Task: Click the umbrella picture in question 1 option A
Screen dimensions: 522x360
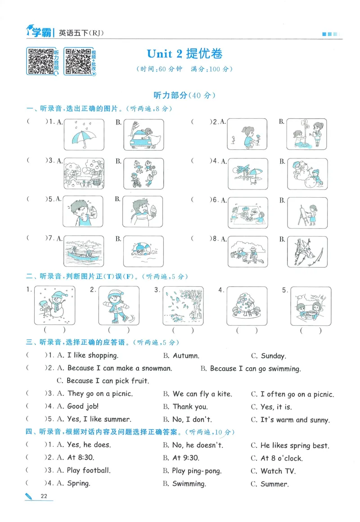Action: [84, 134]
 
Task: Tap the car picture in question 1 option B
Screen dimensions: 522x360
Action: [143, 134]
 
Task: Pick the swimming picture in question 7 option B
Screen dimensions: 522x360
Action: [143, 251]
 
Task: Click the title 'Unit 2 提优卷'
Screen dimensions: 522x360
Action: [184, 54]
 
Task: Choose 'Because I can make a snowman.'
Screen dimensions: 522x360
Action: [119, 368]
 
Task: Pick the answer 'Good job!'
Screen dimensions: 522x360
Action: [82, 406]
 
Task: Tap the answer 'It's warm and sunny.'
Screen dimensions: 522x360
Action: [295, 419]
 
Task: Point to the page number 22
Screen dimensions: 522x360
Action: [44, 496]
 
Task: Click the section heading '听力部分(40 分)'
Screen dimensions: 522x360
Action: [184, 95]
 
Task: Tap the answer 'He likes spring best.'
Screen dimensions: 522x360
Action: [294, 445]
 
